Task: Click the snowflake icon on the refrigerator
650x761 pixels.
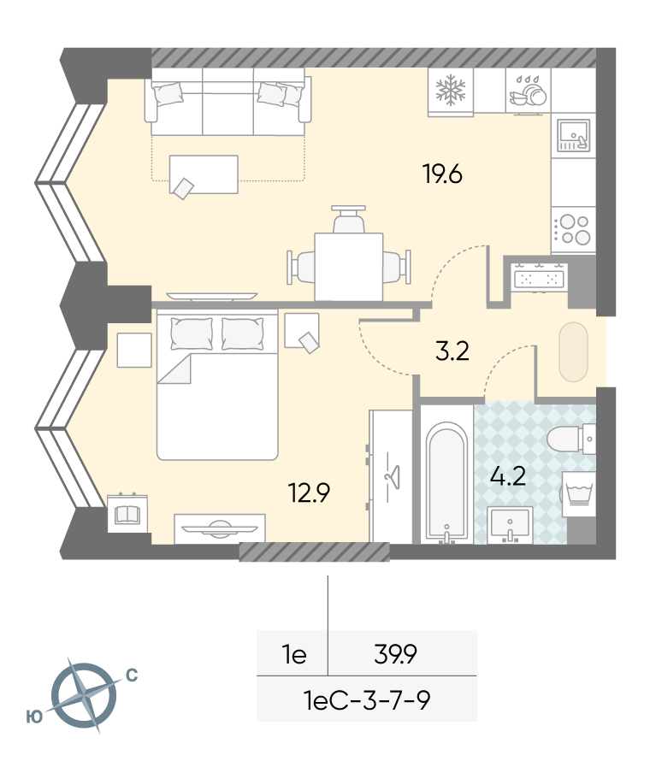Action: pyautogui.click(x=451, y=91)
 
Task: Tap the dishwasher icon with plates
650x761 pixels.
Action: pyautogui.click(x=529, y=91)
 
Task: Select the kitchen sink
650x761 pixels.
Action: pyautogui.click(x=573, y=135)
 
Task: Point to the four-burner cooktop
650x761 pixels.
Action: pyautogui.click(x=573, y=229)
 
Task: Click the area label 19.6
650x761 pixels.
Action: pyautogui.click(x=443, y=174)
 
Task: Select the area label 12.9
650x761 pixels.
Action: pyautogui.click(x=310, y=493)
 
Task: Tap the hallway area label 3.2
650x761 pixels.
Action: pyautogui.click(x=452, y=351)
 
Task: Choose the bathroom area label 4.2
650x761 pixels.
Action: pyautogui.click(x=508, y=476)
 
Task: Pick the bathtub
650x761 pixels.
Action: pyautogui.click(x=447, y=482)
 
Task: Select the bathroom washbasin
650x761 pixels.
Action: pyautogui.click(x=510, y=525)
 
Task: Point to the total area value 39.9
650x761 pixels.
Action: pyautogui.click(x=396, y=654)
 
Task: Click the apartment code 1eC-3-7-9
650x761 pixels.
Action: pyautogui.click(x=367, y=700)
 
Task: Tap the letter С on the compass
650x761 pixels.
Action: pyautogui.click(x=132, y=675)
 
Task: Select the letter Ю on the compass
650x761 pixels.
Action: pyautogui.click(x=34, y=717)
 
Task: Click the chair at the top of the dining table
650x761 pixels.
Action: pyautogui.click(x=349, y=220)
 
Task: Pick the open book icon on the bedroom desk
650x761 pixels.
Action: pyautogui.click(x=127, y=515)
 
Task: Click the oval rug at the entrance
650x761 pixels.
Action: pyautogui.click(x=573, y=351)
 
